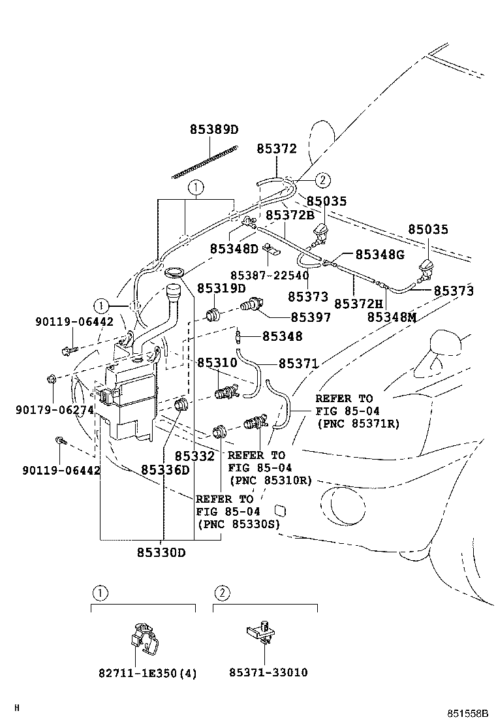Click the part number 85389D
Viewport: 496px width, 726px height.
214,129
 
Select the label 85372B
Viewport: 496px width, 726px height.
289,215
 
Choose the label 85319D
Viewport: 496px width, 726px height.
221,288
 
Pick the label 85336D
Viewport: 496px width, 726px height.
165,470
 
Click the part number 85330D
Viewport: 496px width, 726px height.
161,552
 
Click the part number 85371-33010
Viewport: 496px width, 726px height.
268,672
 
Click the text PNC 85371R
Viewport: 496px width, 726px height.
358,424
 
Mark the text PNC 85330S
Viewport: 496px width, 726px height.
238,523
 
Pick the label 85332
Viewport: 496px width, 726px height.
194,456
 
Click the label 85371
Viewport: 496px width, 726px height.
298,363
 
